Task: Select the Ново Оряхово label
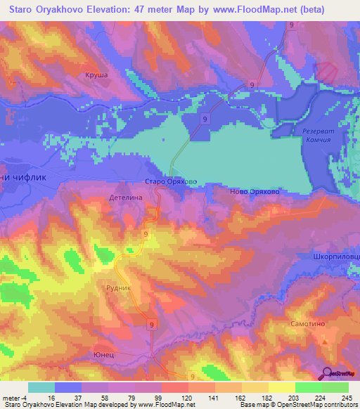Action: [255, 190]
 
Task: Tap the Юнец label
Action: [104, 356]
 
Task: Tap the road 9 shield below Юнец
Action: [191, 377]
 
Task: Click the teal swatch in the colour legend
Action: [41, 387]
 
